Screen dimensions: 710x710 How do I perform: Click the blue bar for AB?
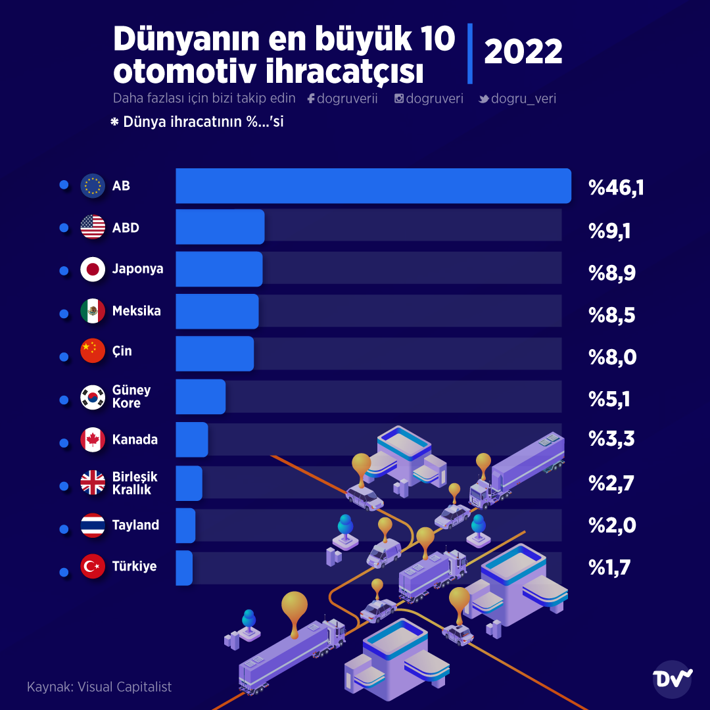coord(373,186)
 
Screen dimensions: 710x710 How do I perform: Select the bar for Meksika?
coord(217,312)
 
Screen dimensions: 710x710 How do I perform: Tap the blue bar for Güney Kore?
coord(201,396)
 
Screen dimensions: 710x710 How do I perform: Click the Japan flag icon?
coord(93,270)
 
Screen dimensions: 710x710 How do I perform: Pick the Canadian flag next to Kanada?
coord(93,440)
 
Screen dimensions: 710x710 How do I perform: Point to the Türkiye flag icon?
coord(93,567)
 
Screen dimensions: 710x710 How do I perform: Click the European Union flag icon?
coord(93,186)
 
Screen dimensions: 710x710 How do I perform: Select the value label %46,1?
coord(616,188)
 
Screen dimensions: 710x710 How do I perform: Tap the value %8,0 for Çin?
coord(613,358)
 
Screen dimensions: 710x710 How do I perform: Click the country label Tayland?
coord(135,525)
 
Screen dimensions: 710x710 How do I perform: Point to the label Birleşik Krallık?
coord(135,483)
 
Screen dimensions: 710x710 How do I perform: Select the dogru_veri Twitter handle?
coord(523,99)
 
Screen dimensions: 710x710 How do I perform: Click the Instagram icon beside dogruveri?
coord(399,99)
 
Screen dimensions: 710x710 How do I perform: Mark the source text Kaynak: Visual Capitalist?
coord(99,687)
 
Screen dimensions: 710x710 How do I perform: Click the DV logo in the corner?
coord(673,678)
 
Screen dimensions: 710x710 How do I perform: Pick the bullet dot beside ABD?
coord(64,228)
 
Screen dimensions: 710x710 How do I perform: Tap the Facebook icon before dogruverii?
coord(311,99)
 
